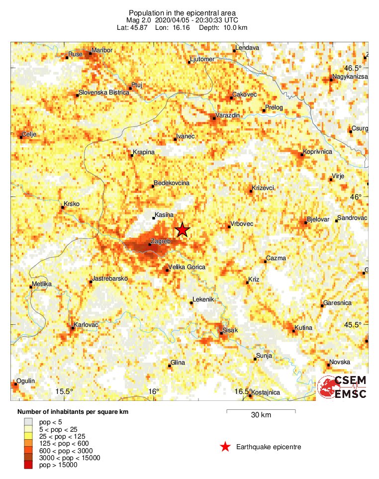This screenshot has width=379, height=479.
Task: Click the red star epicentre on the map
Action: point(183,230)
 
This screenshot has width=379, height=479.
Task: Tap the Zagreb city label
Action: point(160,241)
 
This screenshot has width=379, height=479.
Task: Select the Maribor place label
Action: point(101,51)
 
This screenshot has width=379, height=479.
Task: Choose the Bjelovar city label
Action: point(319,219)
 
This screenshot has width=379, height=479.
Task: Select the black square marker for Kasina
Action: point(154,218)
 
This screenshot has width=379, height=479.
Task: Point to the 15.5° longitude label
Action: point(64,391)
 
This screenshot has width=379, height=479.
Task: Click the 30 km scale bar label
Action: point(261,415)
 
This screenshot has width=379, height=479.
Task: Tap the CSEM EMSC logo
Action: point(343,387)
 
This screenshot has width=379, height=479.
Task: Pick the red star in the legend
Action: point(225,447)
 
